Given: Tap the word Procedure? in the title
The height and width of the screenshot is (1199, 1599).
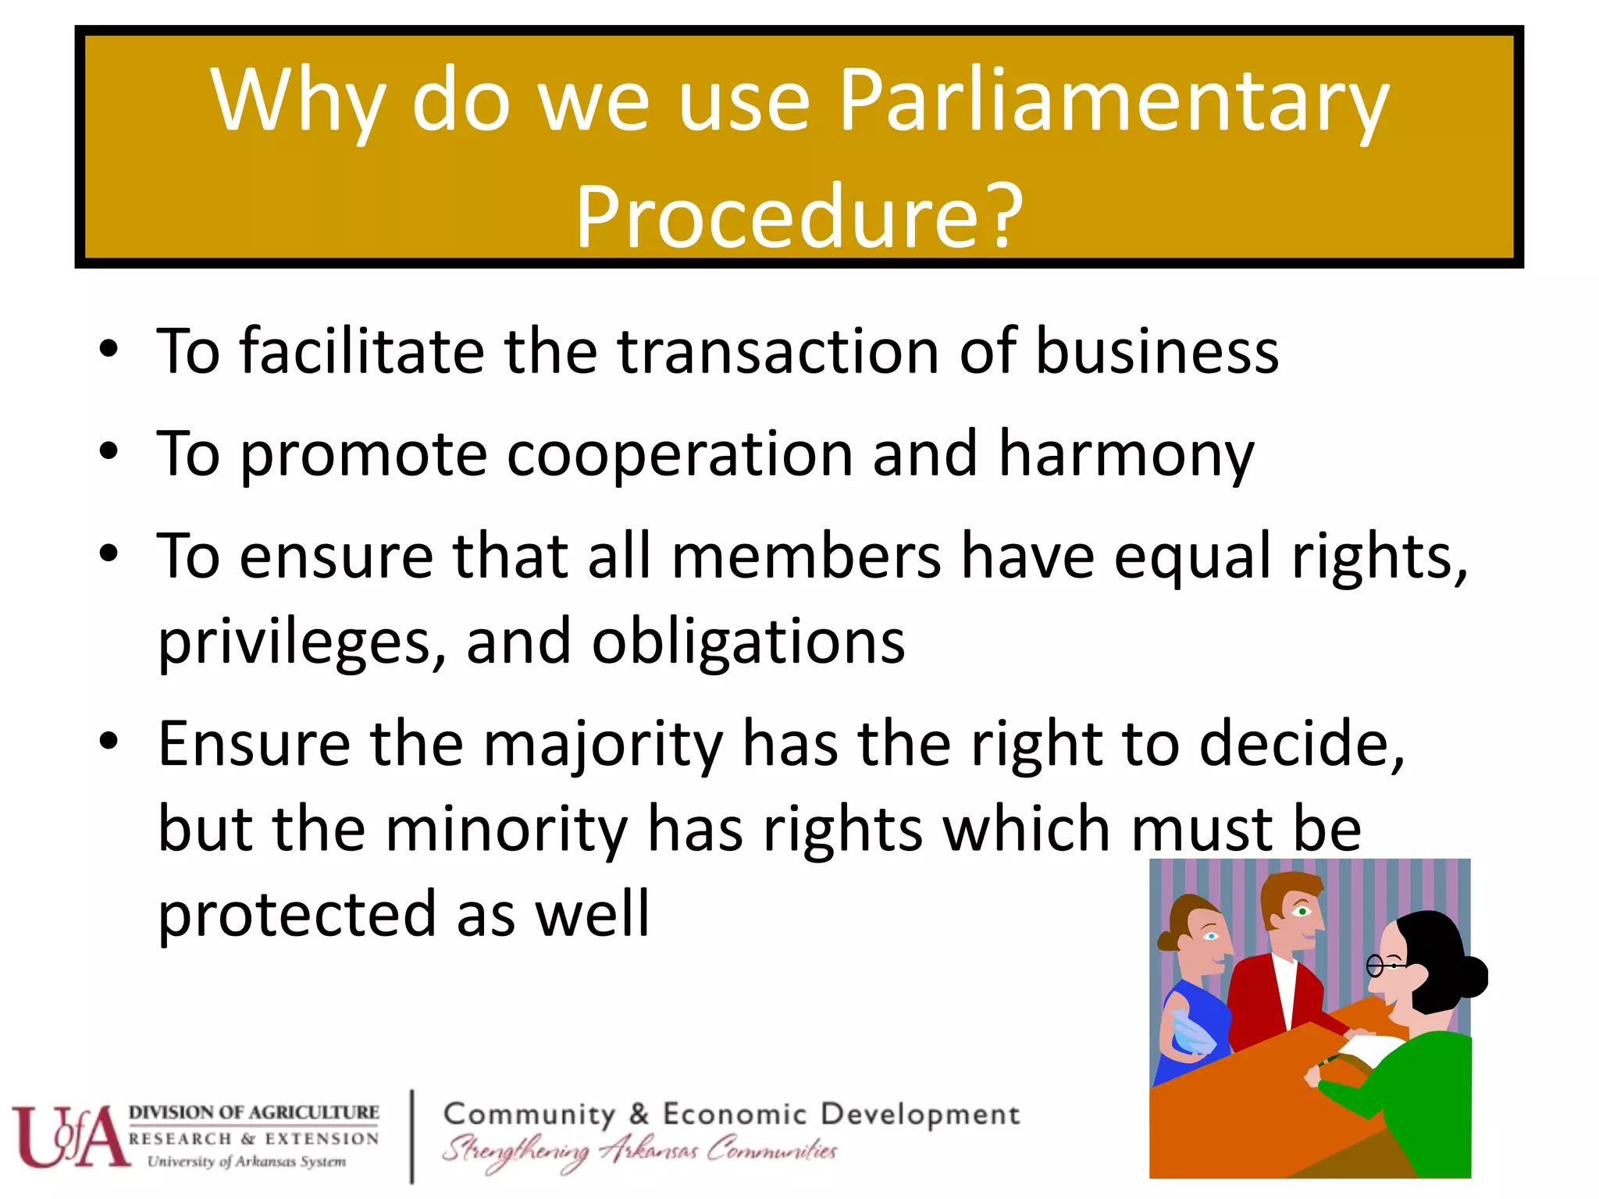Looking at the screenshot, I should tap(799, 216).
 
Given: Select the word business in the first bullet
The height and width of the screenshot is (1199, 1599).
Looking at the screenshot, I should tap(1156, 351).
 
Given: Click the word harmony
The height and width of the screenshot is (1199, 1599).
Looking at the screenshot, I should tap(1126, 454).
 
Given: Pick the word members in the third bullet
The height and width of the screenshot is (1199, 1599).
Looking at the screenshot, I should tap(806, 556).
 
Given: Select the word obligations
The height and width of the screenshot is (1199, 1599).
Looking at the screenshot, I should tap(748, 642).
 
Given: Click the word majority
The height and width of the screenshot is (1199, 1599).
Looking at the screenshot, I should tap(603, 745).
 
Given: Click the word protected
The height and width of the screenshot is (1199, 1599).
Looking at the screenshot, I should tap(297, 915).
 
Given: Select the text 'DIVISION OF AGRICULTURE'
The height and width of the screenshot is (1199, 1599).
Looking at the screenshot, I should tap(254, 1112).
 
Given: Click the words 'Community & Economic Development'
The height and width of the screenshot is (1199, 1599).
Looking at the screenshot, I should tap(731, 1114).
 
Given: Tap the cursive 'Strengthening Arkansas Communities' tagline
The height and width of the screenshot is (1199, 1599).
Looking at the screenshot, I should tap(639, 1151).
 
